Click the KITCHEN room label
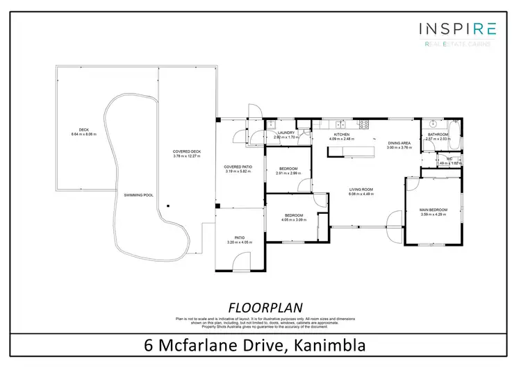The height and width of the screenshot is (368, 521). [x=341, y=134]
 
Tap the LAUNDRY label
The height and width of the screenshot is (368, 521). [x=286, y=133]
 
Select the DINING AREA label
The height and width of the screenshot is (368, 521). [x=399, y=143]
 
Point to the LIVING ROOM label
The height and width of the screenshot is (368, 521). [x=361, y=190]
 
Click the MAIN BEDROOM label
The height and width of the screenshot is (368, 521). [x=433, y=210]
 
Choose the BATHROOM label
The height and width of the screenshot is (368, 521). [x=438, y=134]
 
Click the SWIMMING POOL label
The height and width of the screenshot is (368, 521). [x=138, y=195]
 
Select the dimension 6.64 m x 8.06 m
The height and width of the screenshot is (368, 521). [x=84, y=134]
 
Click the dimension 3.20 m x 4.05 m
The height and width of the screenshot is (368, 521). [x=239, y=242]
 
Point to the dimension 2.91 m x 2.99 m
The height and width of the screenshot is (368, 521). [x=288, y=174]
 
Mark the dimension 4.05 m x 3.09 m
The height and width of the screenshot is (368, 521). [x=294, y=220]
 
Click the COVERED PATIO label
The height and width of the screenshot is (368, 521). [x=238, y=167]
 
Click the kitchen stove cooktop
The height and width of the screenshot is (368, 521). [x=363, y=124]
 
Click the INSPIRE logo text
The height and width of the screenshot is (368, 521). [x=457, y=28]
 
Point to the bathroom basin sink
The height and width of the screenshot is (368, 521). [x=431, y=123]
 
